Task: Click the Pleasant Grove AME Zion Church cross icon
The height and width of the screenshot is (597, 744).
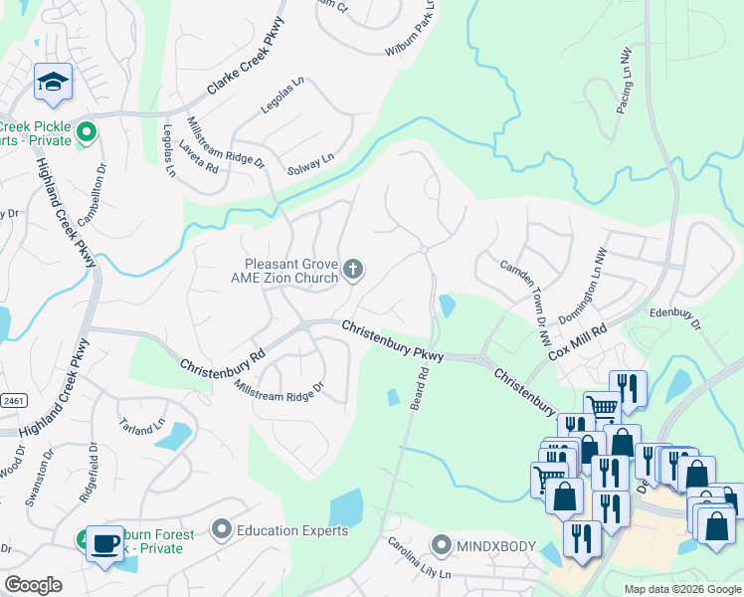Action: click(x=352, y=269)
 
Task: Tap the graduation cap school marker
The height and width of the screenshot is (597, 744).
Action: click(x=51, y=84)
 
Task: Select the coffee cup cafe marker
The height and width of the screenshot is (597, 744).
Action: click(x=104, y=543)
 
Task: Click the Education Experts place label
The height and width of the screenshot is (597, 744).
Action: click(x=291, y=530)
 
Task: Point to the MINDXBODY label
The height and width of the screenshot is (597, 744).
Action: click(x=496, y=545)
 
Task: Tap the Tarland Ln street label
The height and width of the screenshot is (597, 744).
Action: click(x=144, y=425)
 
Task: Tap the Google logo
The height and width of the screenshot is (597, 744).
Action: click(x=33, y=585)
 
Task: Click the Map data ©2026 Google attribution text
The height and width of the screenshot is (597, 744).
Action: click(x=681, y=589)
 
